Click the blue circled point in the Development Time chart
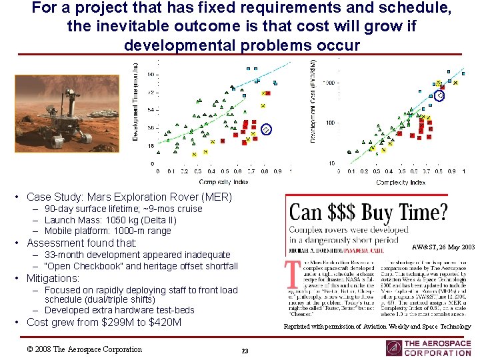266,129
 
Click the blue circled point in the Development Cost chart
441,96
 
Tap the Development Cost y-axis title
313,100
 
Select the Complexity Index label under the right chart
401,181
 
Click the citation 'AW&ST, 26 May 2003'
443,247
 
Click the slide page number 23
245,351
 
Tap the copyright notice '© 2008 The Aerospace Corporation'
84,349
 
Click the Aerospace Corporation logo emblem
394,348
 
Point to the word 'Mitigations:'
53,278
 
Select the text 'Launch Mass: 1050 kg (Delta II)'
110,220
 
